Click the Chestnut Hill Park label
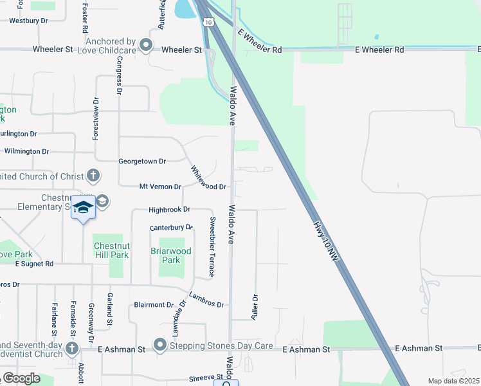pos(111,250)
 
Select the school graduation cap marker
pos(83,207)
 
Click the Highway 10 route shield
pos(208,21)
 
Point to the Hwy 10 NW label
pos(326,241)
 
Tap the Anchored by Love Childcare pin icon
pos(146,46)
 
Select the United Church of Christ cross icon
pos(93,174)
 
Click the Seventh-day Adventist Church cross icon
pos(71,348)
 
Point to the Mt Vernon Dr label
pos(160,187)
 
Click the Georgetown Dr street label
pos(142,161)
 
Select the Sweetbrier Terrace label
pos(211,247)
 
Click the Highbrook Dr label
pos(169,210)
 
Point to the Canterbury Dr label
pos(171,228)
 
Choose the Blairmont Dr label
pos(154,305)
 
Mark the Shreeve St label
pos(204,378)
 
